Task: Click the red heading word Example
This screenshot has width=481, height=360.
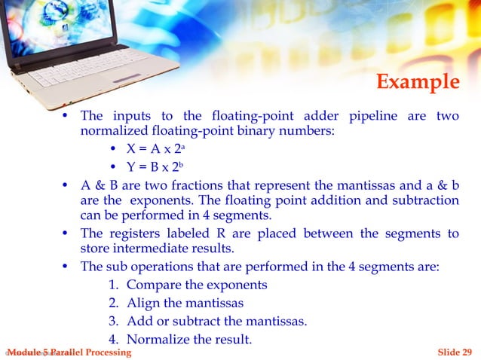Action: [417, 81]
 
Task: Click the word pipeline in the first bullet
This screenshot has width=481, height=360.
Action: [375, 116]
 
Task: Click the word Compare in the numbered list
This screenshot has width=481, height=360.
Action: [152, 285]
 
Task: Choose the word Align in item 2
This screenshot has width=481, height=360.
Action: [143, 304]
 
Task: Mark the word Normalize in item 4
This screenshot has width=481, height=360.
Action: [158, 340]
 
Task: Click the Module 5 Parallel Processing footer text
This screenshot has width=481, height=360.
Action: [68, 352]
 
